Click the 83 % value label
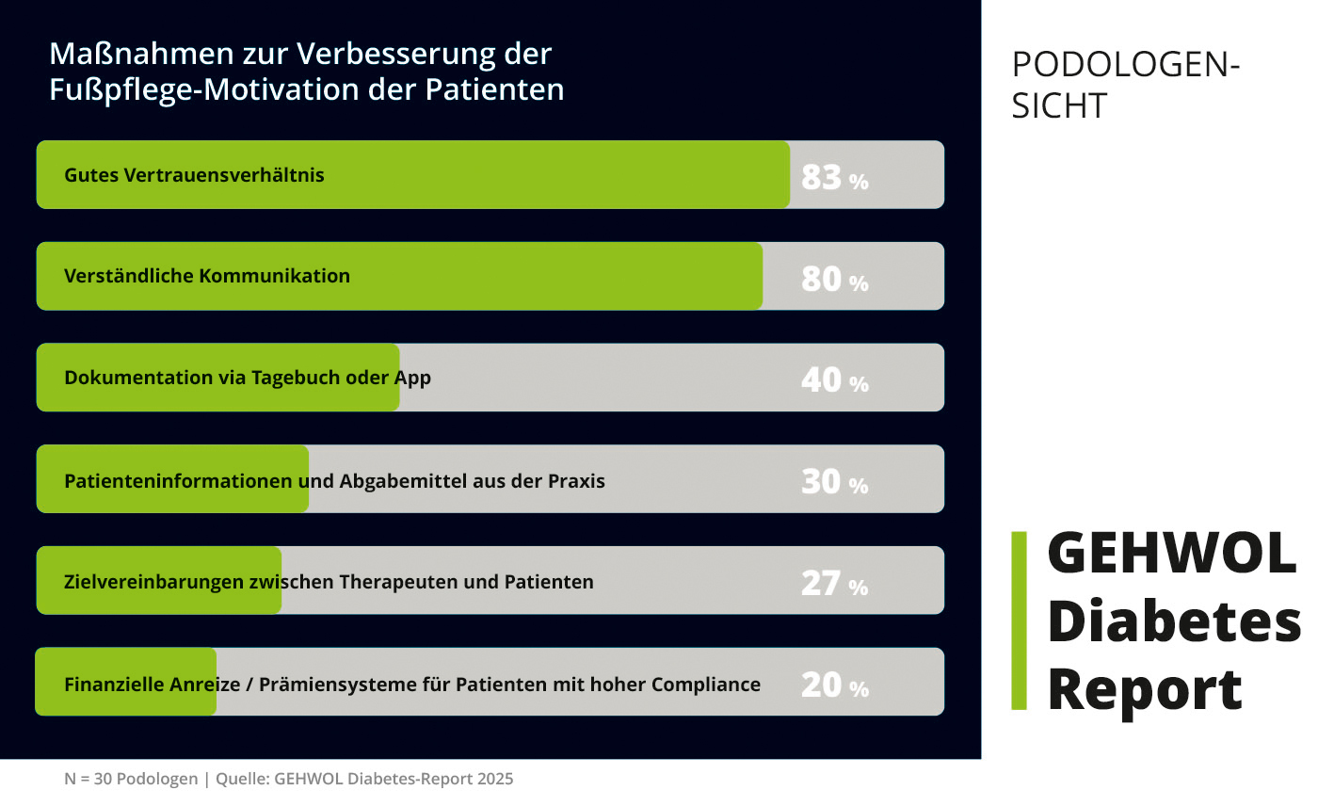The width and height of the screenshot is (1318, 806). pos(834,177)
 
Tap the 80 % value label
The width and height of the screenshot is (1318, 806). pos(834,279)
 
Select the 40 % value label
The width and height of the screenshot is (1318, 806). pos(834,380)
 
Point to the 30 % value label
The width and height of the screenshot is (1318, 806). pos(834,482)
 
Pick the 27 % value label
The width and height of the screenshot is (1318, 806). pos(834,584)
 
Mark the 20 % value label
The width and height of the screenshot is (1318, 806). pos(834,685)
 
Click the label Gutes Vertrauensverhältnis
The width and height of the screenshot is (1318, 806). pos(194,175)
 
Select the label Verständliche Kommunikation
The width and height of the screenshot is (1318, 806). pos(207,276)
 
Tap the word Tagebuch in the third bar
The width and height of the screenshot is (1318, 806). pos(288,379)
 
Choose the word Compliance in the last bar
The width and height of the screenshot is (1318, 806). pos(706,685)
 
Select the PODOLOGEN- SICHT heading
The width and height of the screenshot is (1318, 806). pos(1125,85)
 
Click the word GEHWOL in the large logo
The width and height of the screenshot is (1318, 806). pos(1172,553)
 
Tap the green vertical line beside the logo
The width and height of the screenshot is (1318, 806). pos(1019,621)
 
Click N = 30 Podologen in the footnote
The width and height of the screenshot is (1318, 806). pos(131,780)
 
